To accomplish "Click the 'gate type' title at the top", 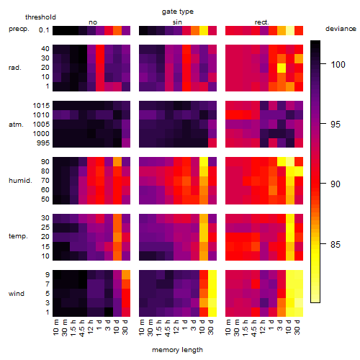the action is coord(178,12).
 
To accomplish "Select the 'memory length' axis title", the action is coord(177,350).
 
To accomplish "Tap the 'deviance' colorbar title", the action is coord(341,29).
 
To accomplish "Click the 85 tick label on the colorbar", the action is coord(336,244).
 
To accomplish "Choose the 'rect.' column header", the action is coord(262,22).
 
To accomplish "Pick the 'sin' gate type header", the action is coord(177,22).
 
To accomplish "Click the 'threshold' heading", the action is coord(40,17).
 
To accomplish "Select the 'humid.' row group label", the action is coord(20,181).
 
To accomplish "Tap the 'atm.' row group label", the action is coord(16,125).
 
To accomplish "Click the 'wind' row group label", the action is coord(17,294).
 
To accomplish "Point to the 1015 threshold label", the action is coord(41,106).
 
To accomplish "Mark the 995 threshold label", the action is coord(43,143).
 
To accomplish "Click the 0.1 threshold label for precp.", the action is coord(44,30).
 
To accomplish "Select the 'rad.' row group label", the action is coord(15,68).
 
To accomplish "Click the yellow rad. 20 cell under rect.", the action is coord(282,68).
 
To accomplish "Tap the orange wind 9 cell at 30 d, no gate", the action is coord(126,275).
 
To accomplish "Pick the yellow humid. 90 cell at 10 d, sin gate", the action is coord(204,162).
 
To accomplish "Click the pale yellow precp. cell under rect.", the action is coord(290,30).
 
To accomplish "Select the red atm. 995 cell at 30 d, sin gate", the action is coord(212,143).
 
